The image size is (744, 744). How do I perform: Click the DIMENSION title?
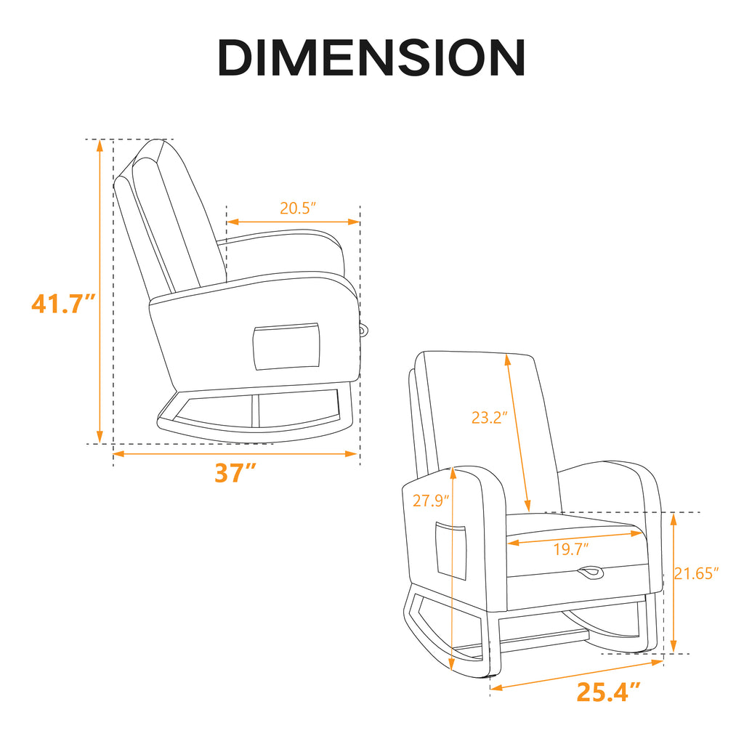coord(371,57)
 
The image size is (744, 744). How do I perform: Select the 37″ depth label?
coord(235,473)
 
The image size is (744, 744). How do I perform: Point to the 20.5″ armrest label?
coord(299,208)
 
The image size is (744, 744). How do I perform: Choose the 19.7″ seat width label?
coord(571,549)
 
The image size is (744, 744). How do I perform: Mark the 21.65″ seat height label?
coord(696,573)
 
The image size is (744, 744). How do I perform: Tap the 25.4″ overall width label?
coord(609,692)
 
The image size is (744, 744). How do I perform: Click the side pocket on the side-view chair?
coord(286,346)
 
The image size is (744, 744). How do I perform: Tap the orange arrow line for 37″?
coord(235,454)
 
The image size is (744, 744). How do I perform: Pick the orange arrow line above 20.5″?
coord(294,222)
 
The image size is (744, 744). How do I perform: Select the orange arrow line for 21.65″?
coord(674,581)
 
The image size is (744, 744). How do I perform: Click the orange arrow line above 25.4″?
coord(577,674)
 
